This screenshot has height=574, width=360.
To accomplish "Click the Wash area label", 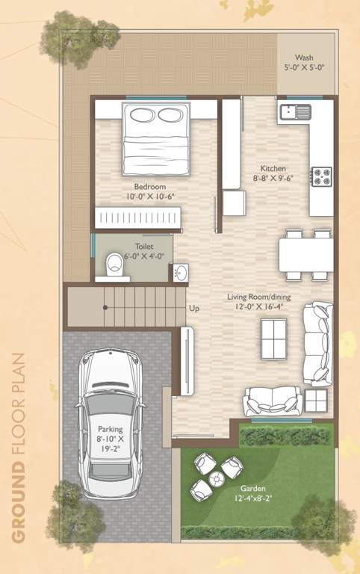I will (304, 57).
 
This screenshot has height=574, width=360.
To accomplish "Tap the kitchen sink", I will (296, 113).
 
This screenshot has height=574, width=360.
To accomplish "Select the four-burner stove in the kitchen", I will (322, 176).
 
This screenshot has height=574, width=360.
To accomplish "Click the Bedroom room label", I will (149, 186).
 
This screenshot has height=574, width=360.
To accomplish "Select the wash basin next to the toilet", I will (180, 274).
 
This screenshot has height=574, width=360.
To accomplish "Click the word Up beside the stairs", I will (194, 308).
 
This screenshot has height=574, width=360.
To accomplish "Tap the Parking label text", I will (114, 429).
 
